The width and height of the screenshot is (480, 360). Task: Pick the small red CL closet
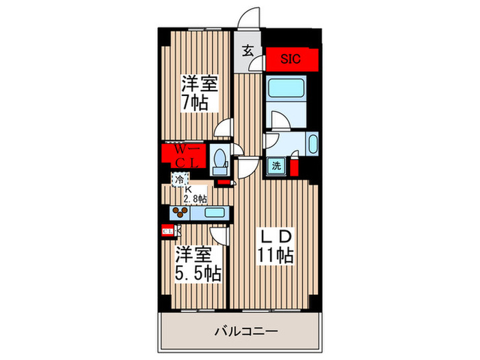167,232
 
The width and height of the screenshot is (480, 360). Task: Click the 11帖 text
276,257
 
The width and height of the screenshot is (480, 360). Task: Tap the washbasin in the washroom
313,145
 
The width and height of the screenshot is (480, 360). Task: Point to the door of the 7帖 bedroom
223,128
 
